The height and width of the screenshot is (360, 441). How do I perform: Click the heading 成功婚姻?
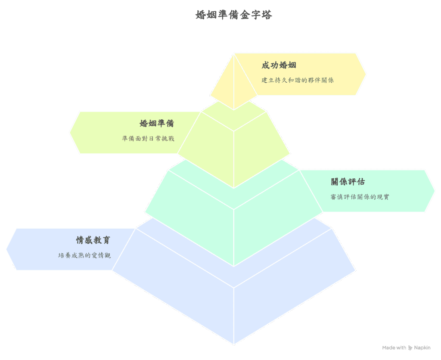(279, 65)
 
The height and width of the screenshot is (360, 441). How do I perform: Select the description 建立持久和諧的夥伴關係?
(297, 80)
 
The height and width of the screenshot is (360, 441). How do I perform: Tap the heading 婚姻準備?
(157, 124)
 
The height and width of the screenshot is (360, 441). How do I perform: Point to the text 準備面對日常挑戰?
(148, 139)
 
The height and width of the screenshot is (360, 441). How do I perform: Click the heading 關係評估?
(348, 182)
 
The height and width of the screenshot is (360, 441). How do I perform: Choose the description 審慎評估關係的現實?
(360, 197)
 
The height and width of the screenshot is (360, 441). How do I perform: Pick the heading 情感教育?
(93, 240)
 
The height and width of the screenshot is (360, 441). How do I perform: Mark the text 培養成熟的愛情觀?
(84, 255)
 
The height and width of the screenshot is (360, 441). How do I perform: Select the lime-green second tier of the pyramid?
(234, 146)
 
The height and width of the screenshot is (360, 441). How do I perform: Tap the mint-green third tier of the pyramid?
(234, 215)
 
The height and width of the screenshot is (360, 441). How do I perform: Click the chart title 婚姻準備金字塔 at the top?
(233, 15)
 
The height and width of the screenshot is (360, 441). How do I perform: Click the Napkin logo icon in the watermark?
(410, 348)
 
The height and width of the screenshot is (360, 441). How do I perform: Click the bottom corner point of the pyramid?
(234, 344)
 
